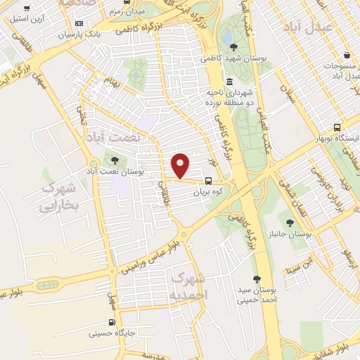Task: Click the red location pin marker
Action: tap(181, 165)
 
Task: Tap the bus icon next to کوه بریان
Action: tap(208, 181)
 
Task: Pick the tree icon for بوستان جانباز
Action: tap(290, 223)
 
